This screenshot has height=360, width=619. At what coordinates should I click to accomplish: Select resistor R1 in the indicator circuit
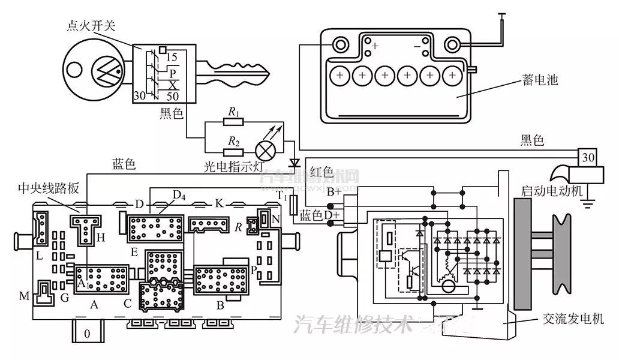click(233, 122)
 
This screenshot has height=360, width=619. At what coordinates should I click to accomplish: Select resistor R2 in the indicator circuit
click(233, 149)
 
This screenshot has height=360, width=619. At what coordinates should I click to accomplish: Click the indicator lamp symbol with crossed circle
click(265, 148)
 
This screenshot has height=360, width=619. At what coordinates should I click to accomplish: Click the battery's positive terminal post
click(341, 45)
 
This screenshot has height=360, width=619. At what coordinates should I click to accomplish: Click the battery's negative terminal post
click(450, 45)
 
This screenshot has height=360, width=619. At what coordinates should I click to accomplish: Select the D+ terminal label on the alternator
click(332, 214)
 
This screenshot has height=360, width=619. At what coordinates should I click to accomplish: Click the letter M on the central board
click(23, 296)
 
